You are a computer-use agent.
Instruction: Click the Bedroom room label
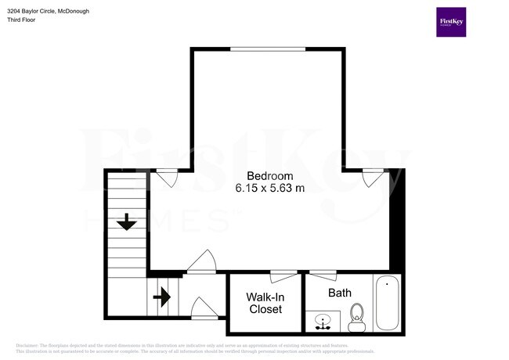click(x=270, y=175)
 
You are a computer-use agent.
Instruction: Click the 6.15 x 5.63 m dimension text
click(x=270, y=188)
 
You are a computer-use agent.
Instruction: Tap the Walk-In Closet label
click(x=265, y=303)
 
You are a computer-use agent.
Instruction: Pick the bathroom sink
click(x=323, y=321)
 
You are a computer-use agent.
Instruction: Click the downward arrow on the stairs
click(x=126, y=224)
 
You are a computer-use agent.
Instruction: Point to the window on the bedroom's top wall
click(x=268, y=49)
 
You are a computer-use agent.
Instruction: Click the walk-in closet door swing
click(x=283, y=276)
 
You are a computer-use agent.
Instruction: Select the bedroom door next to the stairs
click(x=202, y=261)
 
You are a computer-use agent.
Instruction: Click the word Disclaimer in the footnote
click(x=29, y=345)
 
